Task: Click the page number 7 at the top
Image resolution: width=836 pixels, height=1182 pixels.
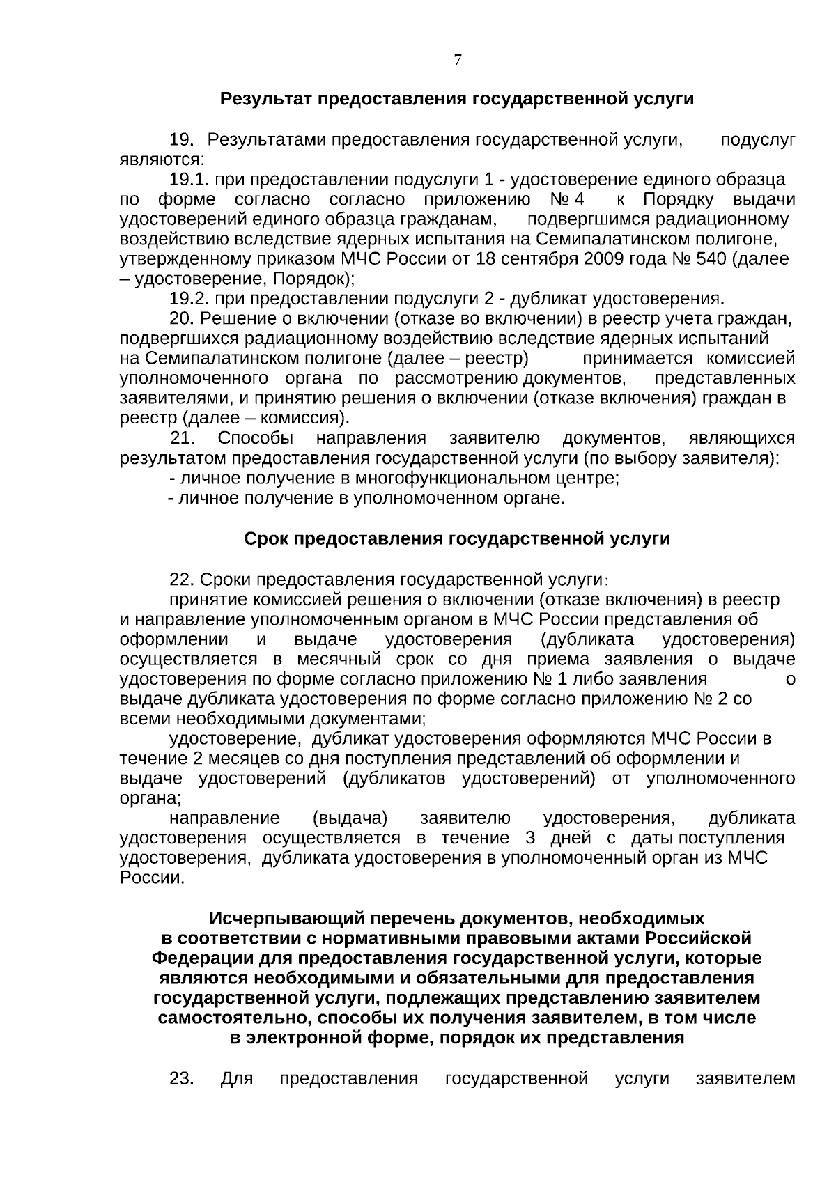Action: [x=457, y=61]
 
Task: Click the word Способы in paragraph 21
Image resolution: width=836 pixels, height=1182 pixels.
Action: [x=255, y=439]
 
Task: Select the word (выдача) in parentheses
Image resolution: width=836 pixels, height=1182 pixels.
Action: [x=350, y=818]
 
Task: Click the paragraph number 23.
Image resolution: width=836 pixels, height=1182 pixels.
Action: [x=181, y=1098]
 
